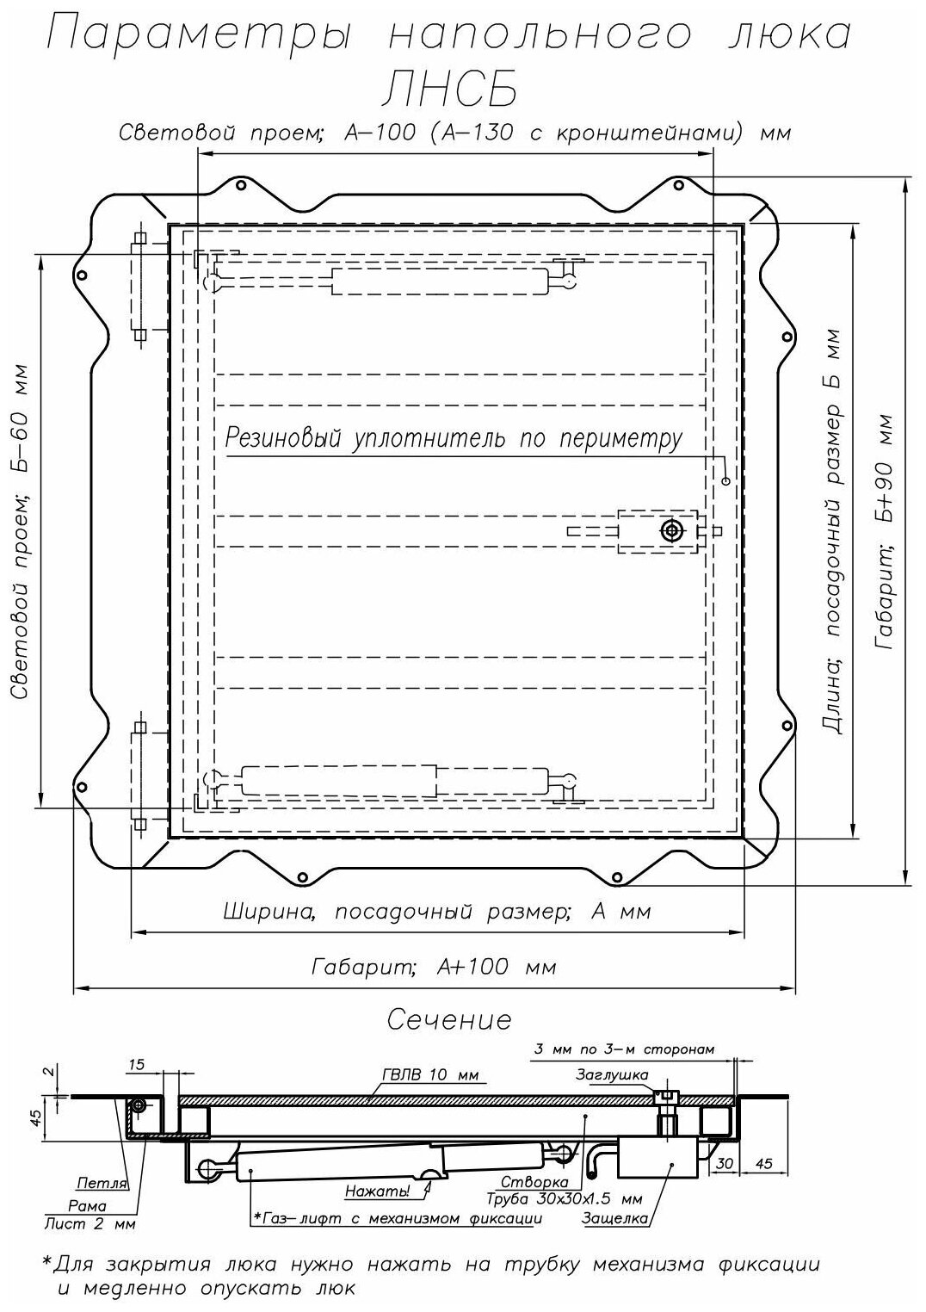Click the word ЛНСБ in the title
pyautogui.click(x=450, y=90)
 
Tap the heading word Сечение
pyautogui.click(x=449, y=1021)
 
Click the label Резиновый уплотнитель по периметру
pyautogui.click(x=454, y=439)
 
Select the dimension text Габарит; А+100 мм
pyautogui.click(x=433, y=966)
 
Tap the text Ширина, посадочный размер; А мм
pyautogui.click(x=437, y=912)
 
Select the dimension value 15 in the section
pyautogui.click(x=136, y=1064)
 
